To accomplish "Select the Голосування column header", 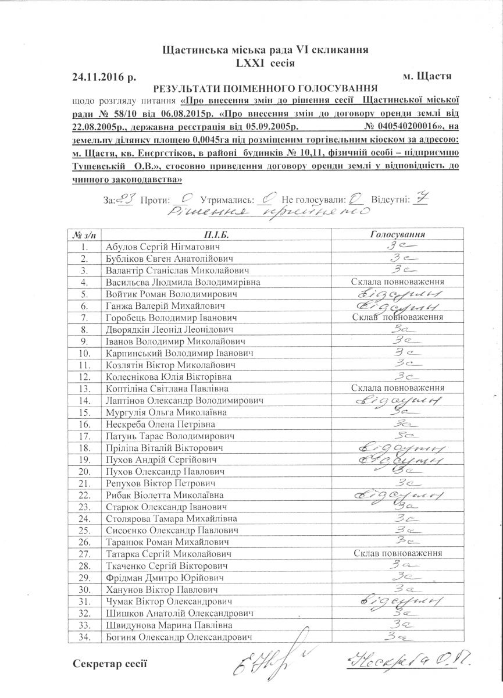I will tap(398, 235).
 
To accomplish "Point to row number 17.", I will tap(85, 436).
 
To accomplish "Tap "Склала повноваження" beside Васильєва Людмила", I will tap(398, 282).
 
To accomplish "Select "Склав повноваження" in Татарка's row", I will tap(398, 553).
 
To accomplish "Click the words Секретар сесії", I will tap(111, 664).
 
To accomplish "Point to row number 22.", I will tap(85, 494).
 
